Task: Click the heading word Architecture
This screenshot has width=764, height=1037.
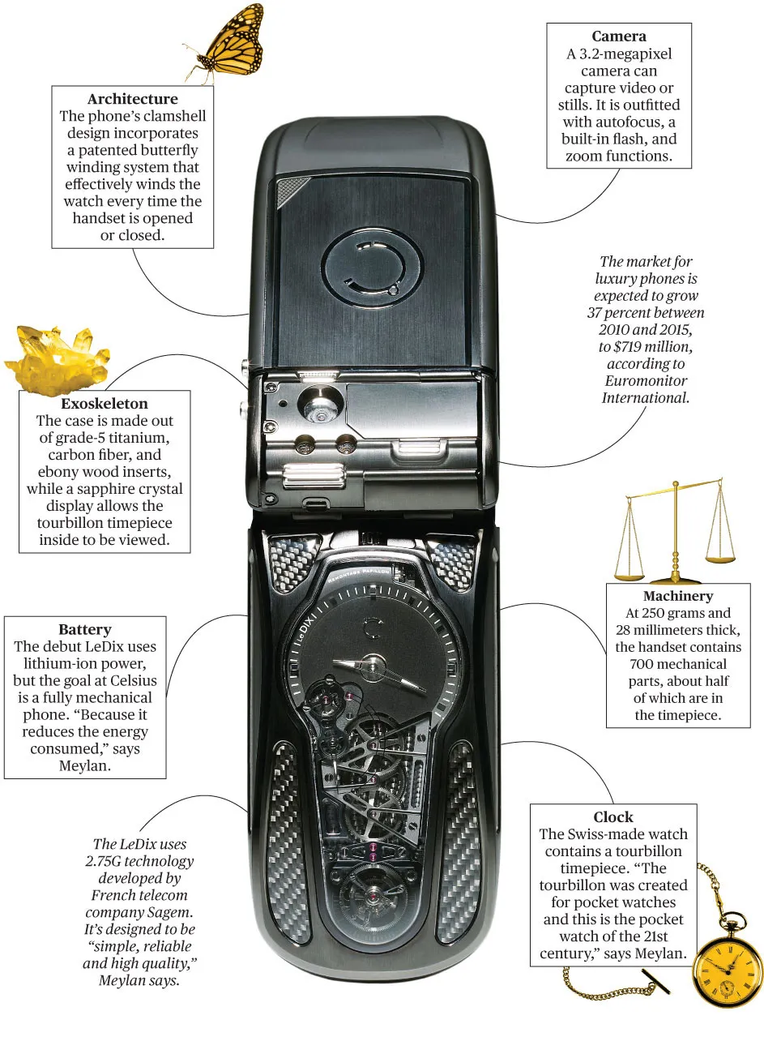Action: click(x=133, y=100)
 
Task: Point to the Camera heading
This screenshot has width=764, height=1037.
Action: click(x=618, y=36)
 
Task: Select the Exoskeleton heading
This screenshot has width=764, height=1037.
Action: click(x=105, y=404)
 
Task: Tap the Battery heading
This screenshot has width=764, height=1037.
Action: click(x=85, y=629)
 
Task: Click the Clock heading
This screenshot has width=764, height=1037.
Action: click(x=613, y=816)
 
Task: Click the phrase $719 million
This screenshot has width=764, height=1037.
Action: click(x=658, y=347)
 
